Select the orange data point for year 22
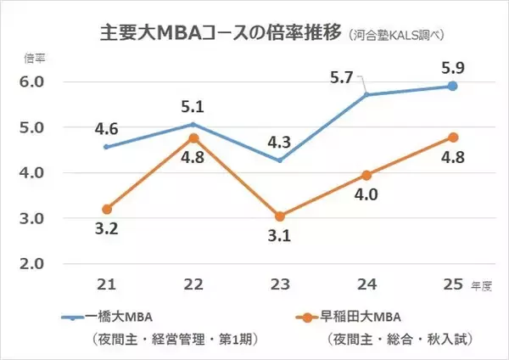click(x=193, y=138)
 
